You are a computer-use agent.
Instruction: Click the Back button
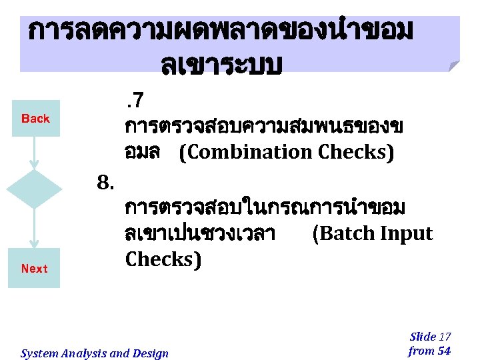pos(35,119)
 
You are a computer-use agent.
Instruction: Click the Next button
pos(34,269)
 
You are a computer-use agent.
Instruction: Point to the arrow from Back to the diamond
pos(34,153)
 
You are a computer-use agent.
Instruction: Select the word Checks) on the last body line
pos(162,259)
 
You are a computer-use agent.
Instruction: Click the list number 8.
pos(107,181)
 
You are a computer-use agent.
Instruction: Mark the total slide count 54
pos(443,351)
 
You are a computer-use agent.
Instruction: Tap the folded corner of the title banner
pos(453,65)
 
